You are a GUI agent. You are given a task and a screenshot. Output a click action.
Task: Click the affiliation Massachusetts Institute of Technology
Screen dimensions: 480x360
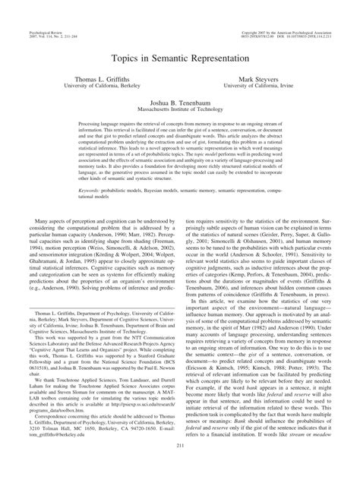180,112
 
